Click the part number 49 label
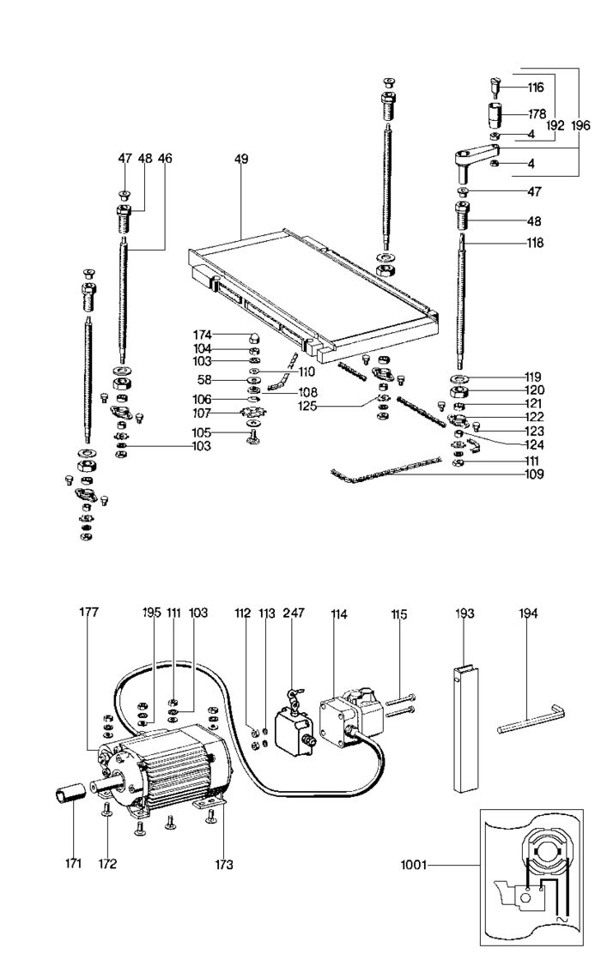(x=241, y=159)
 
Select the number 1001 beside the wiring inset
(x=414, y=864)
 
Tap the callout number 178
(x=536, y=114)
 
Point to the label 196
(x=580, y=126)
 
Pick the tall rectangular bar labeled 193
(x=466, y=729)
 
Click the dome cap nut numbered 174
(x=253, y=337)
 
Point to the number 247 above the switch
(x=294, y=613)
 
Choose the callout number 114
(x=338, y=614)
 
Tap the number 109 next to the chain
(x=534, y=474)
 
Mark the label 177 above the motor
(x=89, y=612)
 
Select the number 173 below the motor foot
(x=223, y=864)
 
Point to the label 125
(x=308, y=406)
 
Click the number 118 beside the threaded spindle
(x=535, y=243)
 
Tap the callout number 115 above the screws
(x=399, y=615)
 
